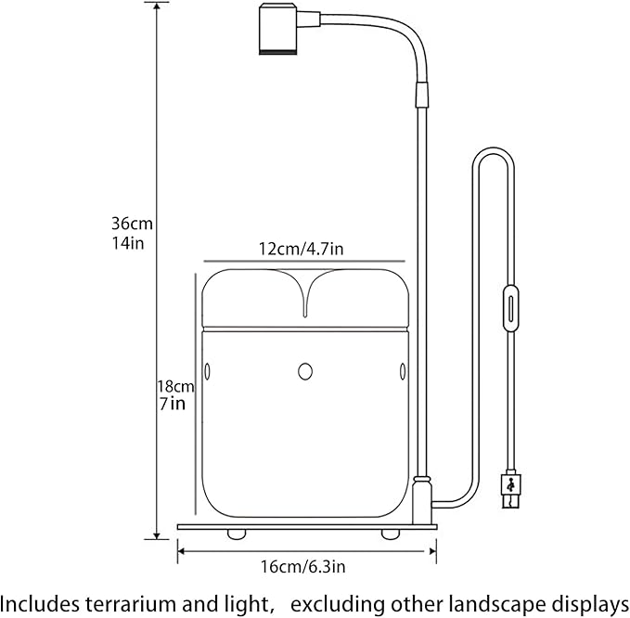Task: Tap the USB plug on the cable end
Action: click(x=510, y=490)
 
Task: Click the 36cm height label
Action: click(x=131, y=224)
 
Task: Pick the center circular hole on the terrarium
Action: click(x=305, y=372)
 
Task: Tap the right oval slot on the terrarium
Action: click(x=402, y=372)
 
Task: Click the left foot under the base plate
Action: click(x=238, y=534)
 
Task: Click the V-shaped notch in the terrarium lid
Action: click(x=305, y=297)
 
